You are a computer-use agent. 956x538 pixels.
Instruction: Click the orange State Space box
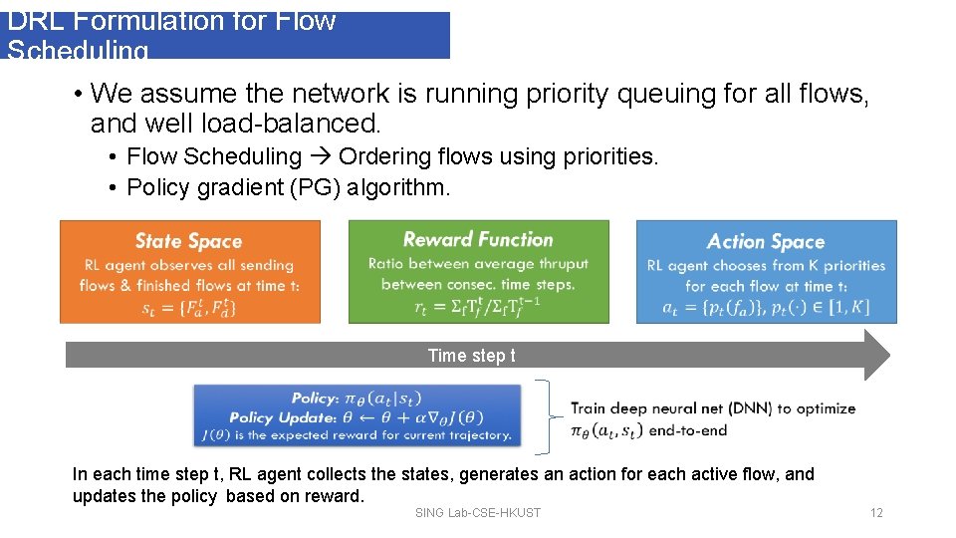[190, 272]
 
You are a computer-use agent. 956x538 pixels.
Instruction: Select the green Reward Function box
[478, 272]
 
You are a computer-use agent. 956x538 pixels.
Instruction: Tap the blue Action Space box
[766, 272]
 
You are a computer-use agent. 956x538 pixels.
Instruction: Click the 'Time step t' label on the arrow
[471, 356]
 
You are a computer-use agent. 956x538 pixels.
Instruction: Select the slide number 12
[875, 513]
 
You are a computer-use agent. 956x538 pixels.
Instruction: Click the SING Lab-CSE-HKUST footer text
[478, 513]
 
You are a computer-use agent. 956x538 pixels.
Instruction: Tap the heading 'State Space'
[189, 241]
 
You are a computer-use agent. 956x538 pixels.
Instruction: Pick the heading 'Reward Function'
[478, 239]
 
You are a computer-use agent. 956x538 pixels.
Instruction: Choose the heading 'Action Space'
[766, 241]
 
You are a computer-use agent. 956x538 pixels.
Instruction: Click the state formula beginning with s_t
[189, 307]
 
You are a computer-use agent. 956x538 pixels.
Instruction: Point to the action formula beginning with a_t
[766, 307]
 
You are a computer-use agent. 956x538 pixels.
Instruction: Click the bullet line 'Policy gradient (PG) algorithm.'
[289, 187]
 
